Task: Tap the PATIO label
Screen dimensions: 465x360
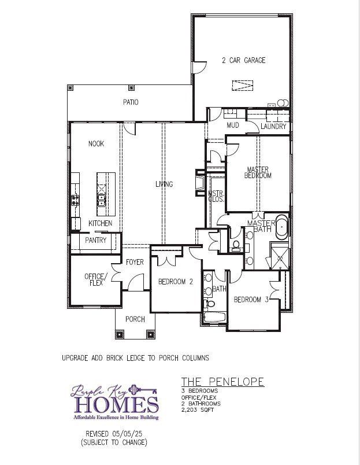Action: (131, 102)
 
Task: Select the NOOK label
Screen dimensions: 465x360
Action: (96, 144)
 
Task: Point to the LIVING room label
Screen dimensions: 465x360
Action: (164, 184)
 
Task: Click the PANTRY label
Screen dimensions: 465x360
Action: (96, 240)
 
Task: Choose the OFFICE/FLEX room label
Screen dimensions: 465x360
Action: (94, 279)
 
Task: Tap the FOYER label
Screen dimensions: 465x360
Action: (135, 263)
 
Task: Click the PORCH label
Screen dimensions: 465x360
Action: (135, 319)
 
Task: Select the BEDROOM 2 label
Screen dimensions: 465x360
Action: (176, 282)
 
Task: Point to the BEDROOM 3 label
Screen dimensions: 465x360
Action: (251, 300)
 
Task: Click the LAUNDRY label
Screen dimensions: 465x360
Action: (273, 127)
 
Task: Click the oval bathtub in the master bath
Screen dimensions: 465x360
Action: (282, 227)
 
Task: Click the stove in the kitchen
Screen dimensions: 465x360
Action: (75, 201)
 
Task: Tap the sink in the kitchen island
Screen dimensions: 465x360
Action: (102, 201)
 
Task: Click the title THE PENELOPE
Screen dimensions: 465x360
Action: (222, 382)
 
